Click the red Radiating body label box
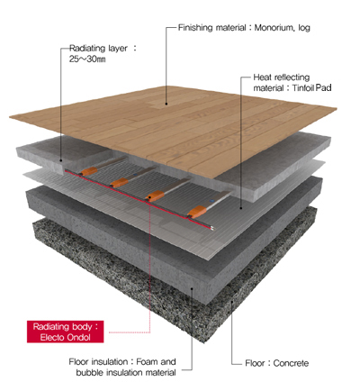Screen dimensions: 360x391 (x=66, y=332)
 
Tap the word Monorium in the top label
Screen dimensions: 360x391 (x=274, y=28)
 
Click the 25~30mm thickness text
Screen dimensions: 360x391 (x=87, y=59)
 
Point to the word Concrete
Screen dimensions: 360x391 (x=291, y=363)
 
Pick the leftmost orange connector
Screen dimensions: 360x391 (x=89, y=171)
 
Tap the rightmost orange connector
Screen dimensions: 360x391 (x=197, y=212)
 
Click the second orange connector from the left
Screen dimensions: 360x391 (x=120, y=182)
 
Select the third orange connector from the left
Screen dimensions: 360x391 (x=156, y=196)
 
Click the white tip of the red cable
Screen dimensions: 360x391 (x=212, y=229)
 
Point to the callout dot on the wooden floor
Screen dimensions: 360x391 (x=166, y=104)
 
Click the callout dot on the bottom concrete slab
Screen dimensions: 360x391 (x=232, y=302)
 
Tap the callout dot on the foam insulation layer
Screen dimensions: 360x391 (x=192, y=288)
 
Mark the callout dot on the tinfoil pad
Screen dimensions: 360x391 (x=241, y=208)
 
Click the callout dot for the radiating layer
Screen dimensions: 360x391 (x=61, y=160)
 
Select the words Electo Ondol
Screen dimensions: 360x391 (x=66, y=338)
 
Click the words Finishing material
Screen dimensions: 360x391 (x=212, y=28)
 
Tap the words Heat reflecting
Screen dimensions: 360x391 (x=282, y=77)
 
